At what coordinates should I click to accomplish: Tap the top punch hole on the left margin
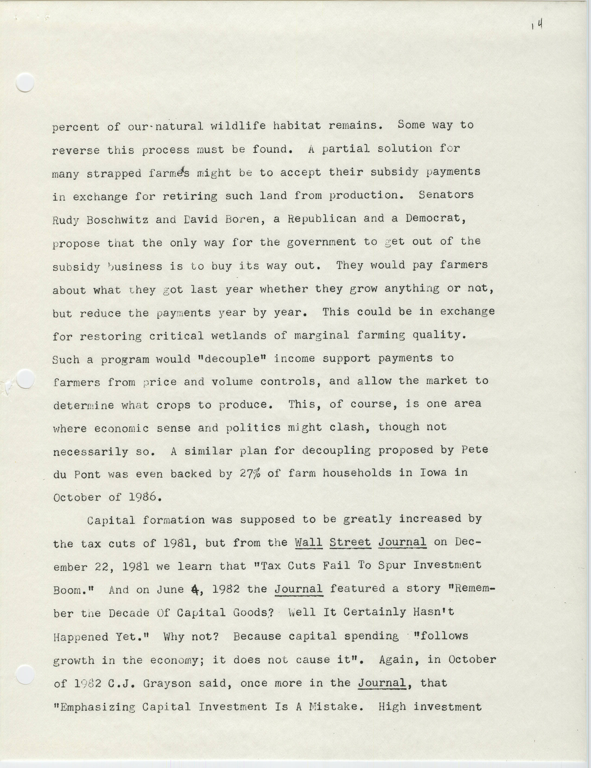point(25,83)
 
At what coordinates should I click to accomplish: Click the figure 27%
point(250,473)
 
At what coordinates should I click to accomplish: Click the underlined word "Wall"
point(308,543)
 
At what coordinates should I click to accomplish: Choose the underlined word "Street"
point(350,543)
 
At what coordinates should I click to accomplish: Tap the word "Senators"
point(446,195)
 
